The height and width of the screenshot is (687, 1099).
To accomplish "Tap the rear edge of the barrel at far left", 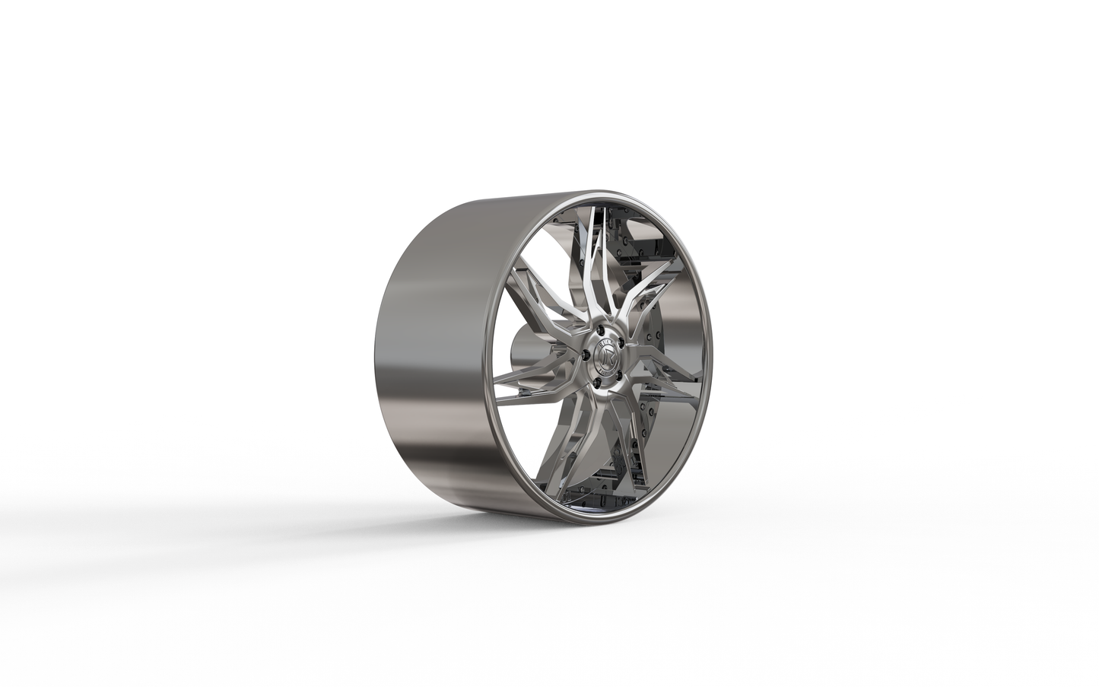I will (379, 358).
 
